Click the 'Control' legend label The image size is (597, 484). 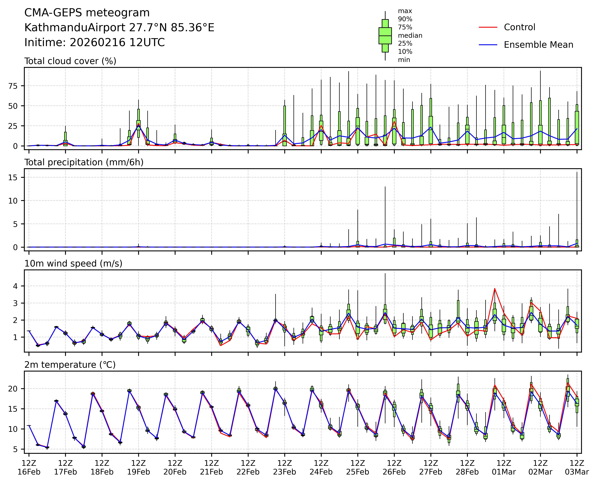519,27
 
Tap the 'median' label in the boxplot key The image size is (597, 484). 410,36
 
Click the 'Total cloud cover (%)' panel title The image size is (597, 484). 70,61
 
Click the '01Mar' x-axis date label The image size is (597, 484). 504,472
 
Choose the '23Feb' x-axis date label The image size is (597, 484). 285,472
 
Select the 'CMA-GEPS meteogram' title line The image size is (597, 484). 87,13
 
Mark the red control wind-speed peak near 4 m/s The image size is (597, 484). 495,289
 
